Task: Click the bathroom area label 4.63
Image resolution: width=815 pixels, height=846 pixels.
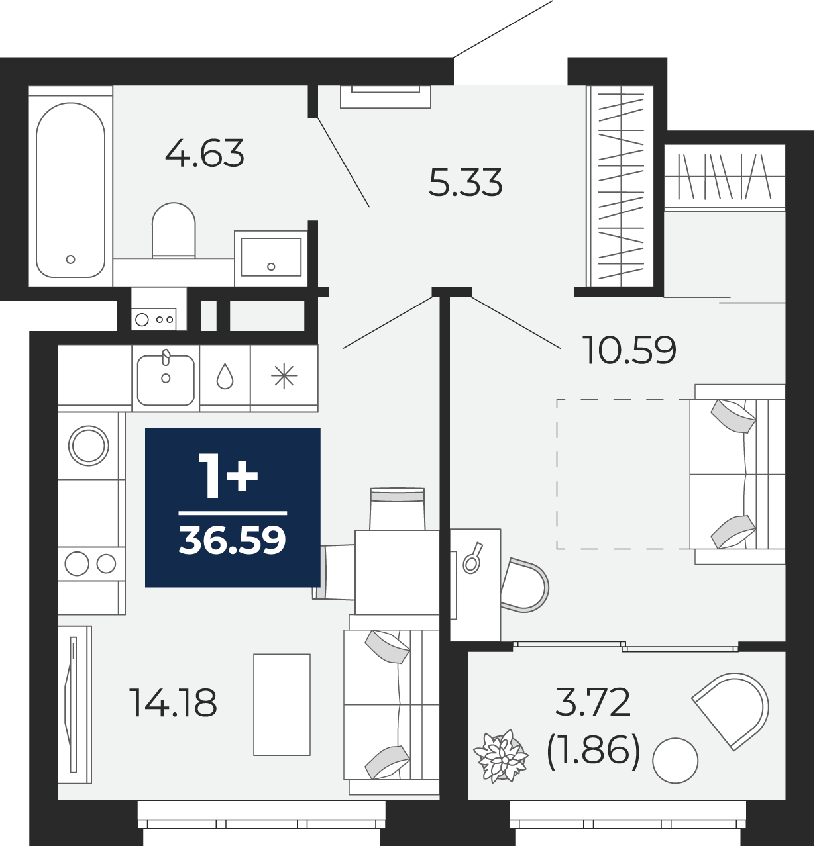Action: pyautogui.click(x=205, y=153)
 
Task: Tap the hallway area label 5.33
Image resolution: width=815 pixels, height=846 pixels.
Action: pyautogui.click(x=465, y=182)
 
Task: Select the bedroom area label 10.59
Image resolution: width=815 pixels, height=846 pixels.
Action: pyautogui.click(x=631, y=350)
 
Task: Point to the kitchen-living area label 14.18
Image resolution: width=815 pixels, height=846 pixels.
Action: pyautogui.click(x=173, y=703)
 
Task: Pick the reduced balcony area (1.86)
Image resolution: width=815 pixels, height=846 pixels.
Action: pyautogui.click(x=593, y=751)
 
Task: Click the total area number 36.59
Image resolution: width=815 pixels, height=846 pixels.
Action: pyautogui.click(x=233, y=540)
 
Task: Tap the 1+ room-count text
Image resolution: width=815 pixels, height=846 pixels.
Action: pyautogui.click(x=228, y=475)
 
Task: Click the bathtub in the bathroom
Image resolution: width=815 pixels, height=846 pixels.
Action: pyautogui.click(x=70, y=189)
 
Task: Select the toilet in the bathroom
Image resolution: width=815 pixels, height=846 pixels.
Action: pyautogui.click(x=174, y=230)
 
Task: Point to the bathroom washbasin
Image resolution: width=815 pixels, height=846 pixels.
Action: pyautogui.click(x=270, y=257)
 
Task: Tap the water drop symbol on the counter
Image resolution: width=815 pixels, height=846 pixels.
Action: pyautogui.click(x=225, y=376)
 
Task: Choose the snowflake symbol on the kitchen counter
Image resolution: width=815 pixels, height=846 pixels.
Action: pyautogui.click(x=284, y=376)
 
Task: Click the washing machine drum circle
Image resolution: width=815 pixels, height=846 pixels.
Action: pyautogui.click(x=89, y=446)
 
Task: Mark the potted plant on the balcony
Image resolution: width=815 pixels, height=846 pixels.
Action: pyautogui.click(x=501, y=757)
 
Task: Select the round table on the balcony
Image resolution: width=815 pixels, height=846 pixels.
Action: pyautogui.click(x=675, y=761)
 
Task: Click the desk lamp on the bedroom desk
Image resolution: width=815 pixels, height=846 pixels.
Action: pyautogui.click(x=473, y=558)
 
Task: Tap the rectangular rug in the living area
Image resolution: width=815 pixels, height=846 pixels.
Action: pyautogui.click(x=282, y=705)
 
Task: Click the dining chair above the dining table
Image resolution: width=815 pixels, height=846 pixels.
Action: pyautogui.click(x=398, y=508)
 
